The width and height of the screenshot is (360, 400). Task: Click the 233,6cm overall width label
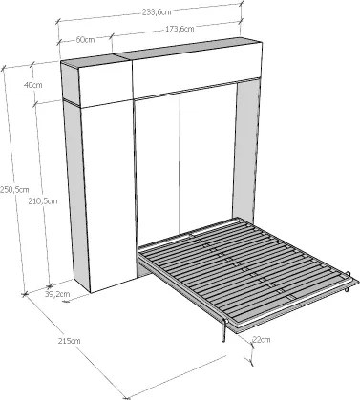tap(157, 12)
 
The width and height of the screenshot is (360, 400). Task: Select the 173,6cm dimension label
tap(180, 29)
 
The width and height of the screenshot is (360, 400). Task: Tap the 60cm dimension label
tap(85, 40)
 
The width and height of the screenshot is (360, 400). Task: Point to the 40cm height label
tap(32, 85)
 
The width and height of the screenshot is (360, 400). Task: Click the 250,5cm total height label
tap(14, 190)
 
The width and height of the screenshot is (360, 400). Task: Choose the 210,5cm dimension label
tap(43, 201)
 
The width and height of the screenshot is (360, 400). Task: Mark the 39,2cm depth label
tap(57, 294)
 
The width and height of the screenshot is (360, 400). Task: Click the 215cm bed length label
tap(70, 341)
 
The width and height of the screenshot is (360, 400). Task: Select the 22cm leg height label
tap(261, 340)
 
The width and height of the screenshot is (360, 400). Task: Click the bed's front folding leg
tap(224, 330)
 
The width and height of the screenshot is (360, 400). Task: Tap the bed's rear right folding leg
tap(348, 282)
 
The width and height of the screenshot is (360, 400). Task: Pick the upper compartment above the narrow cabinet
tap(105, 83)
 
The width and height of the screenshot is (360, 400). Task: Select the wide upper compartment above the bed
tap(197, 71)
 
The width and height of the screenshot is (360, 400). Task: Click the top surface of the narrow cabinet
tap(94, 60)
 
